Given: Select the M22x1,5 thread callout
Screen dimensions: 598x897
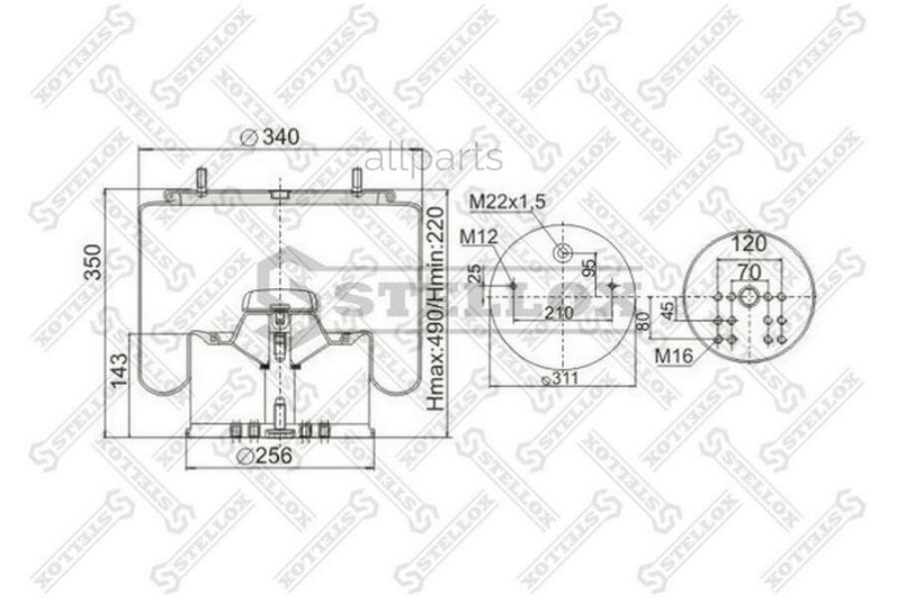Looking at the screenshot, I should (x=507, y=202).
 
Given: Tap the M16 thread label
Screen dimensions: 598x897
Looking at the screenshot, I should (x=675, y=355).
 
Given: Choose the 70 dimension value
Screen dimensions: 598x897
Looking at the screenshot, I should (x=748, y=271).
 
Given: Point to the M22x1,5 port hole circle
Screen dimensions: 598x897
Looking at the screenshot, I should (x=562, y=251).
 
